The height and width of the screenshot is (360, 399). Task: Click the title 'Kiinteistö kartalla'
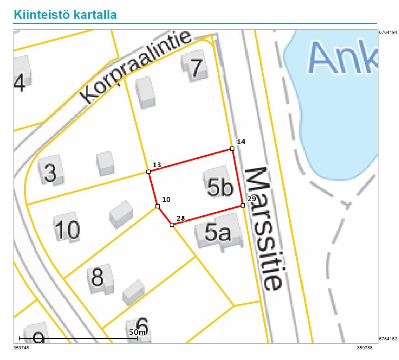[65, 14]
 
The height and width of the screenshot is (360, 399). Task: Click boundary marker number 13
[148, 172]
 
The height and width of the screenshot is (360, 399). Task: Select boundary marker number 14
[232, 149]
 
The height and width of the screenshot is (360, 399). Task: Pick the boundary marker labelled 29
[243, 205]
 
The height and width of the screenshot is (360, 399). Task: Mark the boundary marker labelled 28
[172, 225]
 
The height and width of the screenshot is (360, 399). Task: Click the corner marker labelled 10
[157, 206]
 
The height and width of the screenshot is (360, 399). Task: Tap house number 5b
[220, 188]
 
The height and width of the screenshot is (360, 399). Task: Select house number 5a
[218, 233]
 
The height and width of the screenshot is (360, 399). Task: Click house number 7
[196, 68]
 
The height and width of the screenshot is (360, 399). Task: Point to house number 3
[49, 173]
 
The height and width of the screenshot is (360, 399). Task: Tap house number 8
[97, 277]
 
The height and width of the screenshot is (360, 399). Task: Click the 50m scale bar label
[138, 332]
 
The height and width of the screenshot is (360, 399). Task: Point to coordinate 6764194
[388, 32]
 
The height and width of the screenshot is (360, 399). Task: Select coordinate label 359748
[21, 348]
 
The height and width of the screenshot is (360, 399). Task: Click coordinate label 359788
[365, 348]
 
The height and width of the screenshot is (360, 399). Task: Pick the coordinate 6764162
[388, 339]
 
